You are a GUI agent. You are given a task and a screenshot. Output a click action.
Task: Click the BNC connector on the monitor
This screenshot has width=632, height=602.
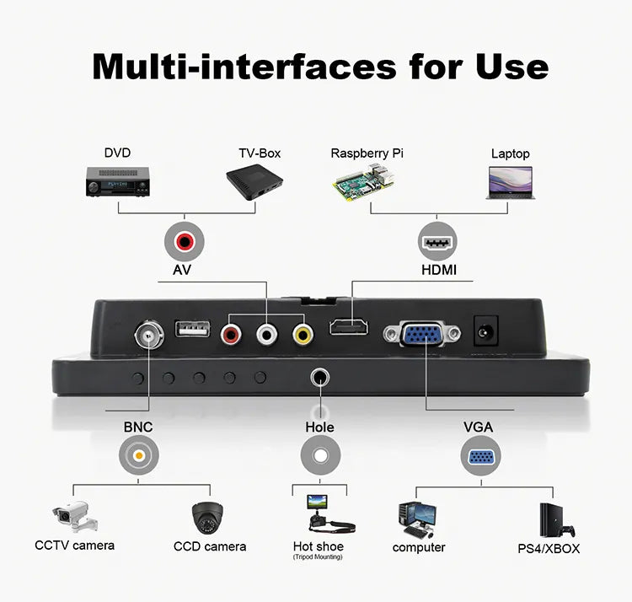149,334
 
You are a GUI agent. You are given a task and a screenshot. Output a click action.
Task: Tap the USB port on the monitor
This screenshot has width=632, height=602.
192,328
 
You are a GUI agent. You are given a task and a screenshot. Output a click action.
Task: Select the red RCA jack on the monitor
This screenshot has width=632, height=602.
231,334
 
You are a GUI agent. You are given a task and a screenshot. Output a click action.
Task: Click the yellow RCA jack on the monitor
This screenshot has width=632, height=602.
303,334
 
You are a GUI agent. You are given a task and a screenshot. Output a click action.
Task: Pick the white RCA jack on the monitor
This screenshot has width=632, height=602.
267,334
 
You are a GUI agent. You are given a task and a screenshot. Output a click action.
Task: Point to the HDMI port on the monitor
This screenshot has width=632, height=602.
349,326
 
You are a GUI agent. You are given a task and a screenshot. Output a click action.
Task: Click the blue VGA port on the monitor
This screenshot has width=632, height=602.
422,333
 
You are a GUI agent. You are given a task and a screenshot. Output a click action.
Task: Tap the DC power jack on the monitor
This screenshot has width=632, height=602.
485,331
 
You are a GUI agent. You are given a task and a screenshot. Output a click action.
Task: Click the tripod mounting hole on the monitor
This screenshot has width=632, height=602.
320,378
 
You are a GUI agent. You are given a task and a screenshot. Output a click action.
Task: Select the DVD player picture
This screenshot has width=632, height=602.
118,181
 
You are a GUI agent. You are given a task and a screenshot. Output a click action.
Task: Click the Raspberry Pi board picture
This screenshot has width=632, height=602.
363,184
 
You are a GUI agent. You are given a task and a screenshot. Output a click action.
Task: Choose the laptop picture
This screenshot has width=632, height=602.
511,183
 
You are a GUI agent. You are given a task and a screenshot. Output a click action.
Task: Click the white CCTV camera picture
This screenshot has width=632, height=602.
75,516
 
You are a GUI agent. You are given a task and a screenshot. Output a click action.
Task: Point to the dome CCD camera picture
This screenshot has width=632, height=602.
207,518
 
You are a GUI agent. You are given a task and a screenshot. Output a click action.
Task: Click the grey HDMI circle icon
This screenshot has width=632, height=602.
437,241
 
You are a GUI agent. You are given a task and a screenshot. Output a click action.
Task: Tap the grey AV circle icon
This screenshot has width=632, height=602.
185,241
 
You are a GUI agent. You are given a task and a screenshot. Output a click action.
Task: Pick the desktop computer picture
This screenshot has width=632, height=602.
417,520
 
